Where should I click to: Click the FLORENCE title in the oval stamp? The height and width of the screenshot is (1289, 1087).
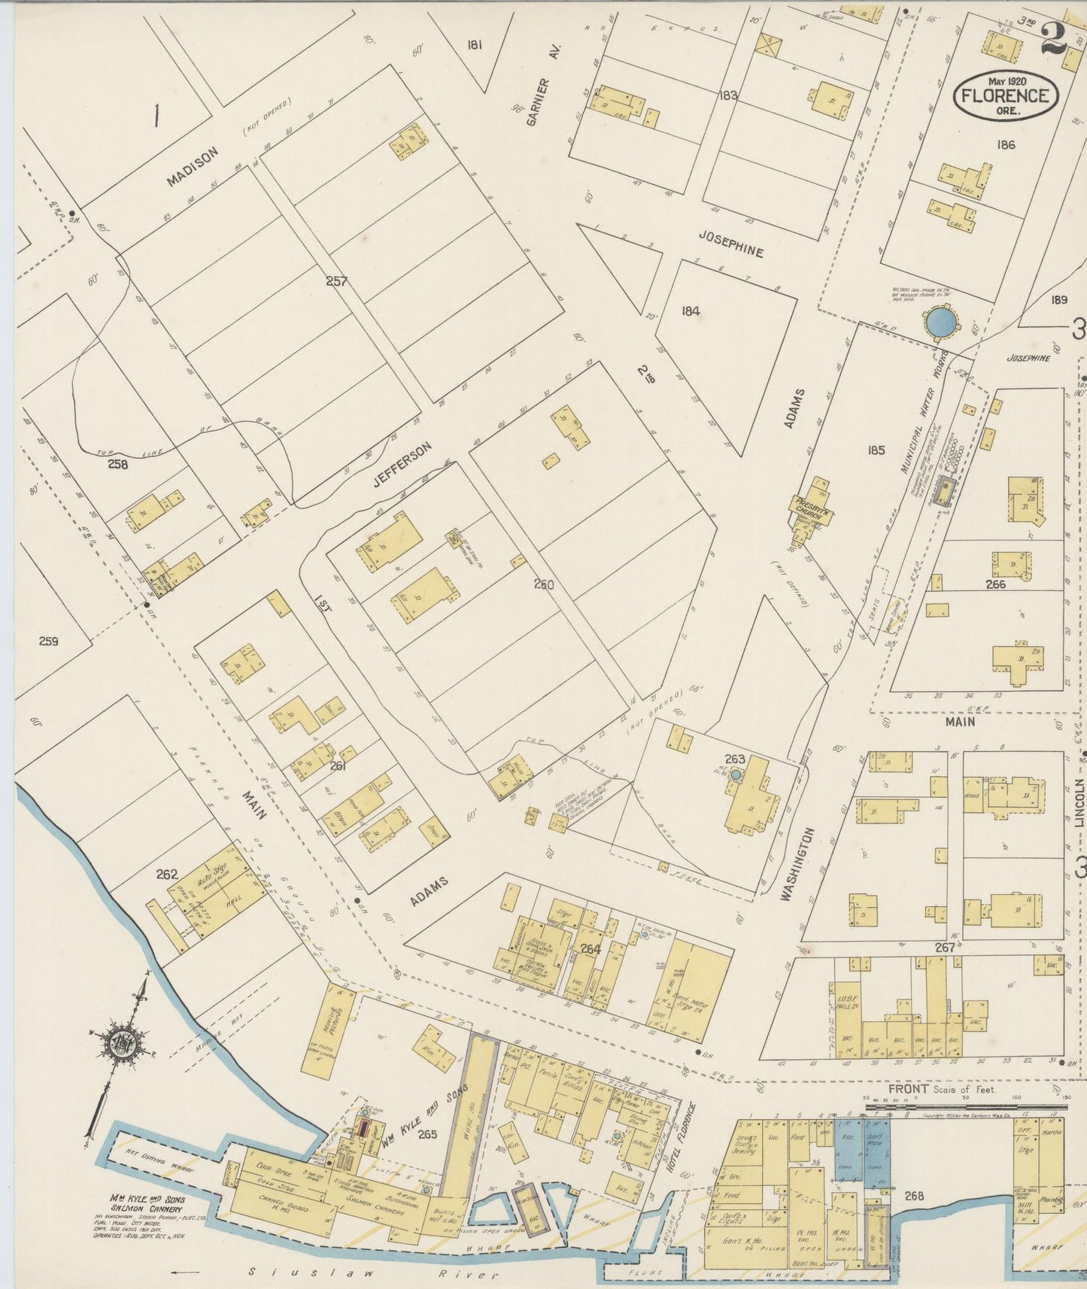click(1007, 95)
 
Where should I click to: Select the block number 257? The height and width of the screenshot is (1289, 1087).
click(336, 281)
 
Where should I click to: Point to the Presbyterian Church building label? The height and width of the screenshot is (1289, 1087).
click(809, 505)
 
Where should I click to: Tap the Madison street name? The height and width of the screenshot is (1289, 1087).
click(193, 165)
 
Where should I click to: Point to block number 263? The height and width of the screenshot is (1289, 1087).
click(733, 758)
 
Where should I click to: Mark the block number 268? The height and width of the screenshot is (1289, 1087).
click(914, 1196)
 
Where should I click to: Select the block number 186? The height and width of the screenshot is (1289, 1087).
click(1005, 144)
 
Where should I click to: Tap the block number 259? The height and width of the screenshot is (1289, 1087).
click(48, 641)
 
